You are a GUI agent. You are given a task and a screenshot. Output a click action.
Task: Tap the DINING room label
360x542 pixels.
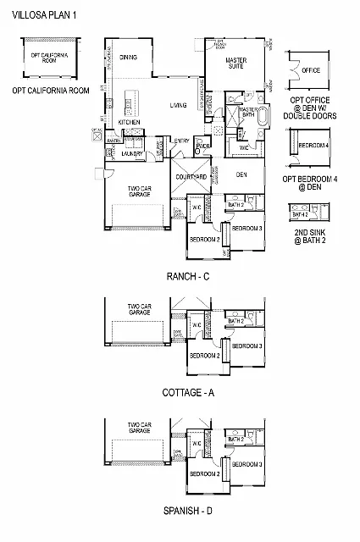tap(129, 58)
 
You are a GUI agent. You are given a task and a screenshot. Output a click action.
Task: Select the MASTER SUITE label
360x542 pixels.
tap(235, 64)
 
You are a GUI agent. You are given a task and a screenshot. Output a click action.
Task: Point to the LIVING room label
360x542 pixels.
tap(178, 105)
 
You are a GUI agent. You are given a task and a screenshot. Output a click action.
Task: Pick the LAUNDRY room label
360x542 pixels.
tap(131, 155)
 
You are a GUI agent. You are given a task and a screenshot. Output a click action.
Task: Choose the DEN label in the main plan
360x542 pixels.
tap(241, 174)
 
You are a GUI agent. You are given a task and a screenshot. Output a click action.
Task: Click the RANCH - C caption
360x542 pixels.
tap(186, 276)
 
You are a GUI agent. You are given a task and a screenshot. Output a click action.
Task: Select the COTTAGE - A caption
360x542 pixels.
tap(186, 393)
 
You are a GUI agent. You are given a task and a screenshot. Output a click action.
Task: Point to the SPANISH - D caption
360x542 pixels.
tap(186, 511)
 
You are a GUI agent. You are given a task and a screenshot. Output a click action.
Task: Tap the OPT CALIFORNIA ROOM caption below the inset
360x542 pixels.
tap(50, 89)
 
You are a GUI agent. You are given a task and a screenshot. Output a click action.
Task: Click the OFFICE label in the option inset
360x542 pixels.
tap(311, 70)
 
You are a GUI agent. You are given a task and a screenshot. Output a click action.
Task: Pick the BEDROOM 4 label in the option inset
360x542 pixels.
tap(314, 146)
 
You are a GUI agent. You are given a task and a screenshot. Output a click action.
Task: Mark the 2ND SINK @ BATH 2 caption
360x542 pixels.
tap(311, 235)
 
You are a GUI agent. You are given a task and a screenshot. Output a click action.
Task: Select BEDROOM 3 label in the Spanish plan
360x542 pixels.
tap(247, 465)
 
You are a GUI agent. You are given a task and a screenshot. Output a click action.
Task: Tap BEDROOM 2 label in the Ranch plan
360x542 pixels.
tap(204, 239)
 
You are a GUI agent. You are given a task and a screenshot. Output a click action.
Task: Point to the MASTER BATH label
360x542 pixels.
tap(249, 113)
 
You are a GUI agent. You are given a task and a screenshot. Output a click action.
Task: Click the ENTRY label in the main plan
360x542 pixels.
tap(181, 141)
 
